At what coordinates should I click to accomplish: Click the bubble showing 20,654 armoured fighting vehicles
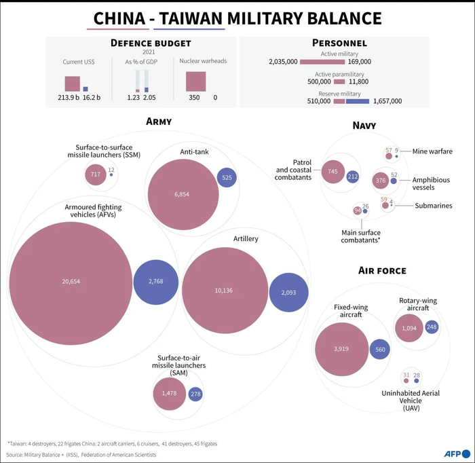[71, 280]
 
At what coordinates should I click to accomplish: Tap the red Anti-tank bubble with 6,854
[181, 194]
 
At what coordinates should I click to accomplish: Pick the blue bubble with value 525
[227, 178]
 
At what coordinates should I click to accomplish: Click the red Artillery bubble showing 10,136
[223, 291]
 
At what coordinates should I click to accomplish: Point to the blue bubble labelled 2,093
[289, 293]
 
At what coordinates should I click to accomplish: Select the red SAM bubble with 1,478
[169, 394]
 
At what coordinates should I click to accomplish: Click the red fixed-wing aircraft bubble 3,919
[341, 349]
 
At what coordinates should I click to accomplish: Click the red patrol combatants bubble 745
[332, 172]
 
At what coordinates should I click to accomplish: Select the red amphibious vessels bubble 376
[380, 181]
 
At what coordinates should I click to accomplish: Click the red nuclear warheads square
[195, 81]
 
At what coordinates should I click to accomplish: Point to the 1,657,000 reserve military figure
[387, 101]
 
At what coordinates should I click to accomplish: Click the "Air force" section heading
[382, 271]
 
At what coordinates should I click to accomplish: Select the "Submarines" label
[434, 206]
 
